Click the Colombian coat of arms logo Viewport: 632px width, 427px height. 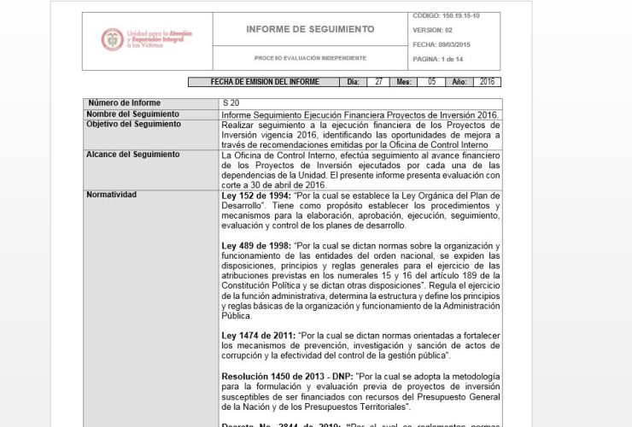pyautogui.click(x=112, y=39)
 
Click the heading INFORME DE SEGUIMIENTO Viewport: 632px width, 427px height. pyautogui.click(x=310, y=29)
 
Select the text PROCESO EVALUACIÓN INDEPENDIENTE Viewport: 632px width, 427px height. pyautogui.click(x=310, y=58)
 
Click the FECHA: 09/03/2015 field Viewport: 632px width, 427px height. pyautogui.click(x=442, y=44)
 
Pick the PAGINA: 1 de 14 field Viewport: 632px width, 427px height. pyautogui.click(x=438, y=59)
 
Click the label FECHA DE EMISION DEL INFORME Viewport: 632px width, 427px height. pyautogui.click(x=265, y=82)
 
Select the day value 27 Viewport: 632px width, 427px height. pyautogui.click(x=378, y=82)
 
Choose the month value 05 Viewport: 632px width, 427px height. pyautogui.click(x=432, y=82)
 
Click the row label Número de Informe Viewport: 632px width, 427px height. pyautogui.click(x=124, y=103)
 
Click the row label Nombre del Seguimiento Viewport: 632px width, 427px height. pyautogui.click(x=133, y=114)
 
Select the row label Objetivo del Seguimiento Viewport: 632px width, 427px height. pyautogui.click(x=134, y=124)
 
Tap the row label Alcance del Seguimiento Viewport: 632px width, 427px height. pyautogui.click(x=133, y=155)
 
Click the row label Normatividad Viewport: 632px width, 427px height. pyautogui.click(x=112, y=195)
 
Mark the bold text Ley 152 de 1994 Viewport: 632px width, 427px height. pyautogui.click(x=254, y=196)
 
